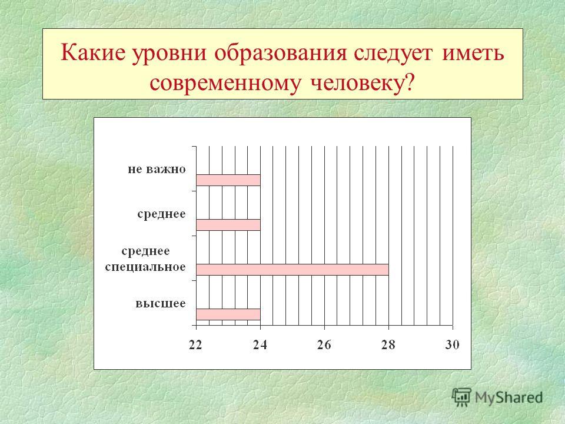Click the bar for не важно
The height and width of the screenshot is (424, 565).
tap(228, 180)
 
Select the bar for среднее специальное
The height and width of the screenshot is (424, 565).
tap(293, 269)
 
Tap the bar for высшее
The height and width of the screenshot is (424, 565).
tap(228, 314)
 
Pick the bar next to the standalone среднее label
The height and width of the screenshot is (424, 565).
tap(228, 225)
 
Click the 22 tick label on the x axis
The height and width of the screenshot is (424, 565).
tap(195, 345)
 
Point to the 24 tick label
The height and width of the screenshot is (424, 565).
tap(260, 345)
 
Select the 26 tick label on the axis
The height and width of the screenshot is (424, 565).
tap(324, 345)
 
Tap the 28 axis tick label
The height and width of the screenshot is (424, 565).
tap(388, 345)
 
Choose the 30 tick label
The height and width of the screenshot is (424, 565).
tap(452, 345)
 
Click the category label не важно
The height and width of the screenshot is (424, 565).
tap(157, 169)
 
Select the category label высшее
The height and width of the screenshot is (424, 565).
tap(161, 303)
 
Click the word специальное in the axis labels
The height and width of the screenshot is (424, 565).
tap(145, 267)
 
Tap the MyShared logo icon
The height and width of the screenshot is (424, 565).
tap(461, 397)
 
